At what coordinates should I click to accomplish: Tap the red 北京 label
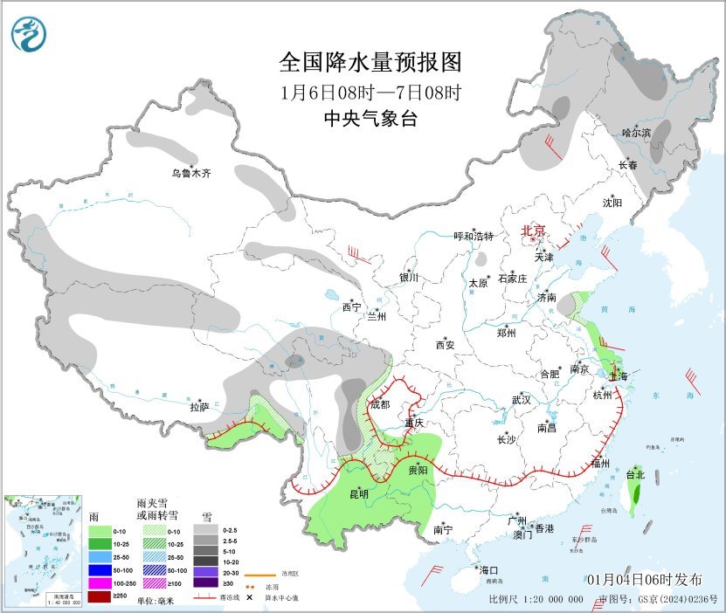(533, 231)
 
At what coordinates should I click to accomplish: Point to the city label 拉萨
(199, 407)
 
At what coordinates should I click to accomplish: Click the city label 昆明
(358, 494)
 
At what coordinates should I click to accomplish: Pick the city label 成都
(380, 404)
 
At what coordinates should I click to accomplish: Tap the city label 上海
(619, 376)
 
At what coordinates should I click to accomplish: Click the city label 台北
(635, 475)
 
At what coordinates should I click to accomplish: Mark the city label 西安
(445, 345)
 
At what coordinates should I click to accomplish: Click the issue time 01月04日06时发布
(644, 580)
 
